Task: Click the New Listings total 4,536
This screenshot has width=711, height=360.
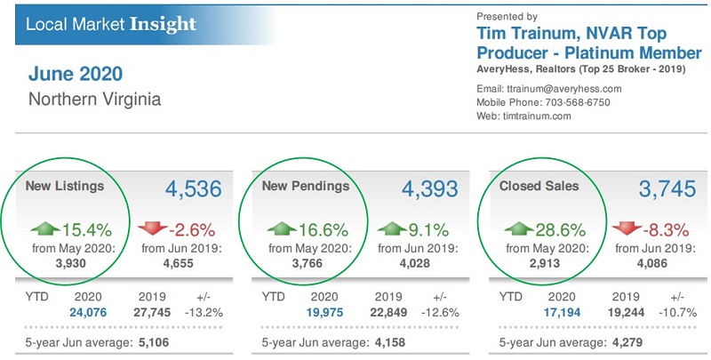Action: click(x=196, y=189)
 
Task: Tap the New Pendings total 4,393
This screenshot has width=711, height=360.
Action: click(x=430, y=189)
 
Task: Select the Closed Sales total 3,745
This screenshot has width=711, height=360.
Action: click(x=668, y=189)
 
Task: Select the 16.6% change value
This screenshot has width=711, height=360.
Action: click(x=326, y=228)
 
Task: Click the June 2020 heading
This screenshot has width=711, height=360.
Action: click(x=76, y=73)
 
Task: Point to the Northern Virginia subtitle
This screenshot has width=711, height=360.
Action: click(x=95, y=99)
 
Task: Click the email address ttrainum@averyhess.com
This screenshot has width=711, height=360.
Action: click(x=571, y=88)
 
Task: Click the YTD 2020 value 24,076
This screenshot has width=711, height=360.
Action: click(x=88, y=311)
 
